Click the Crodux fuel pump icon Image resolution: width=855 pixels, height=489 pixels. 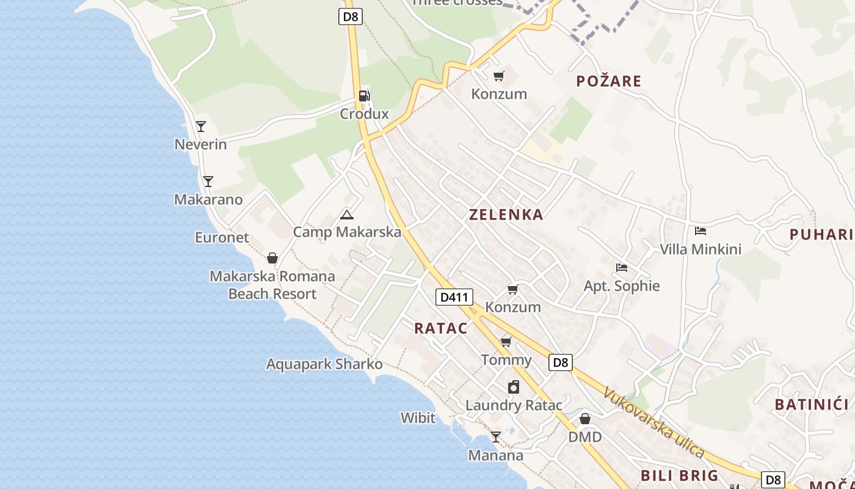click(x=364, y=95)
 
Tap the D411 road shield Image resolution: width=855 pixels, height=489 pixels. click(x=454, y=298)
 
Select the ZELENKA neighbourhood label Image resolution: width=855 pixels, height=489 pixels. click(x=506, y=215)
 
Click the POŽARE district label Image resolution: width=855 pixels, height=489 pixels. click(x=609, y=81)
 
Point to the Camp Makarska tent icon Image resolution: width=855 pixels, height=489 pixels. click(x=347, y=215)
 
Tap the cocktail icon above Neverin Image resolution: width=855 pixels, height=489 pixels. click(x=200, y=127)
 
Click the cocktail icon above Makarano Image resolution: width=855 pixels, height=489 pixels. click(x=208, y=182)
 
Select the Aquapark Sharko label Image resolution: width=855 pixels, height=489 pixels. click(x=324, y=364)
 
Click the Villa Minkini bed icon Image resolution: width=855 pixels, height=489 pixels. click(x=700, y=231)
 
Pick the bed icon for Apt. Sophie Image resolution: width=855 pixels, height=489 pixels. click(x=622, y=268)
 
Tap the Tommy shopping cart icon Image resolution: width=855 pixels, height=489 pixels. click(x=506, y=341)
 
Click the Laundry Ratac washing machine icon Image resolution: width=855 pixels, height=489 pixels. click(x=514, y=387)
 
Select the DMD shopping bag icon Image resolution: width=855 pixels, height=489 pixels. click(x=585, y=419)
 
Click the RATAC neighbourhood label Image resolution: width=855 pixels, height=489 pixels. click(x=440, y=328)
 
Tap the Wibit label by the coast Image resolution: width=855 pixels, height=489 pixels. click(x=418, y=418)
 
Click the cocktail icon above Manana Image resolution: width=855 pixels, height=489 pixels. click(x=496, y=437)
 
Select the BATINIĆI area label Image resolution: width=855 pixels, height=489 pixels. click(x=812, y=405)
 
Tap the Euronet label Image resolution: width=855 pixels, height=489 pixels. click(x=222, y=237)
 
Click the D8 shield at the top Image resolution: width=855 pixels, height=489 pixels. click(x=351, y=17)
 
